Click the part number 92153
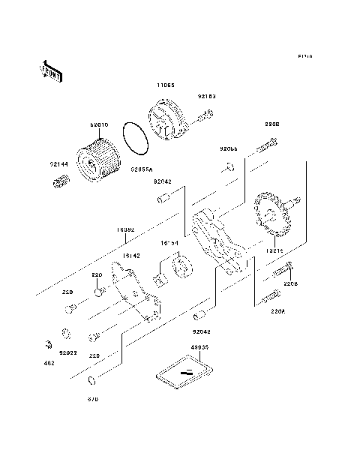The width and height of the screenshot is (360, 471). [206, 96]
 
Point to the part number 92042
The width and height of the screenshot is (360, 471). [163, 181]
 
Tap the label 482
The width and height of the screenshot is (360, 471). [49, 364]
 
